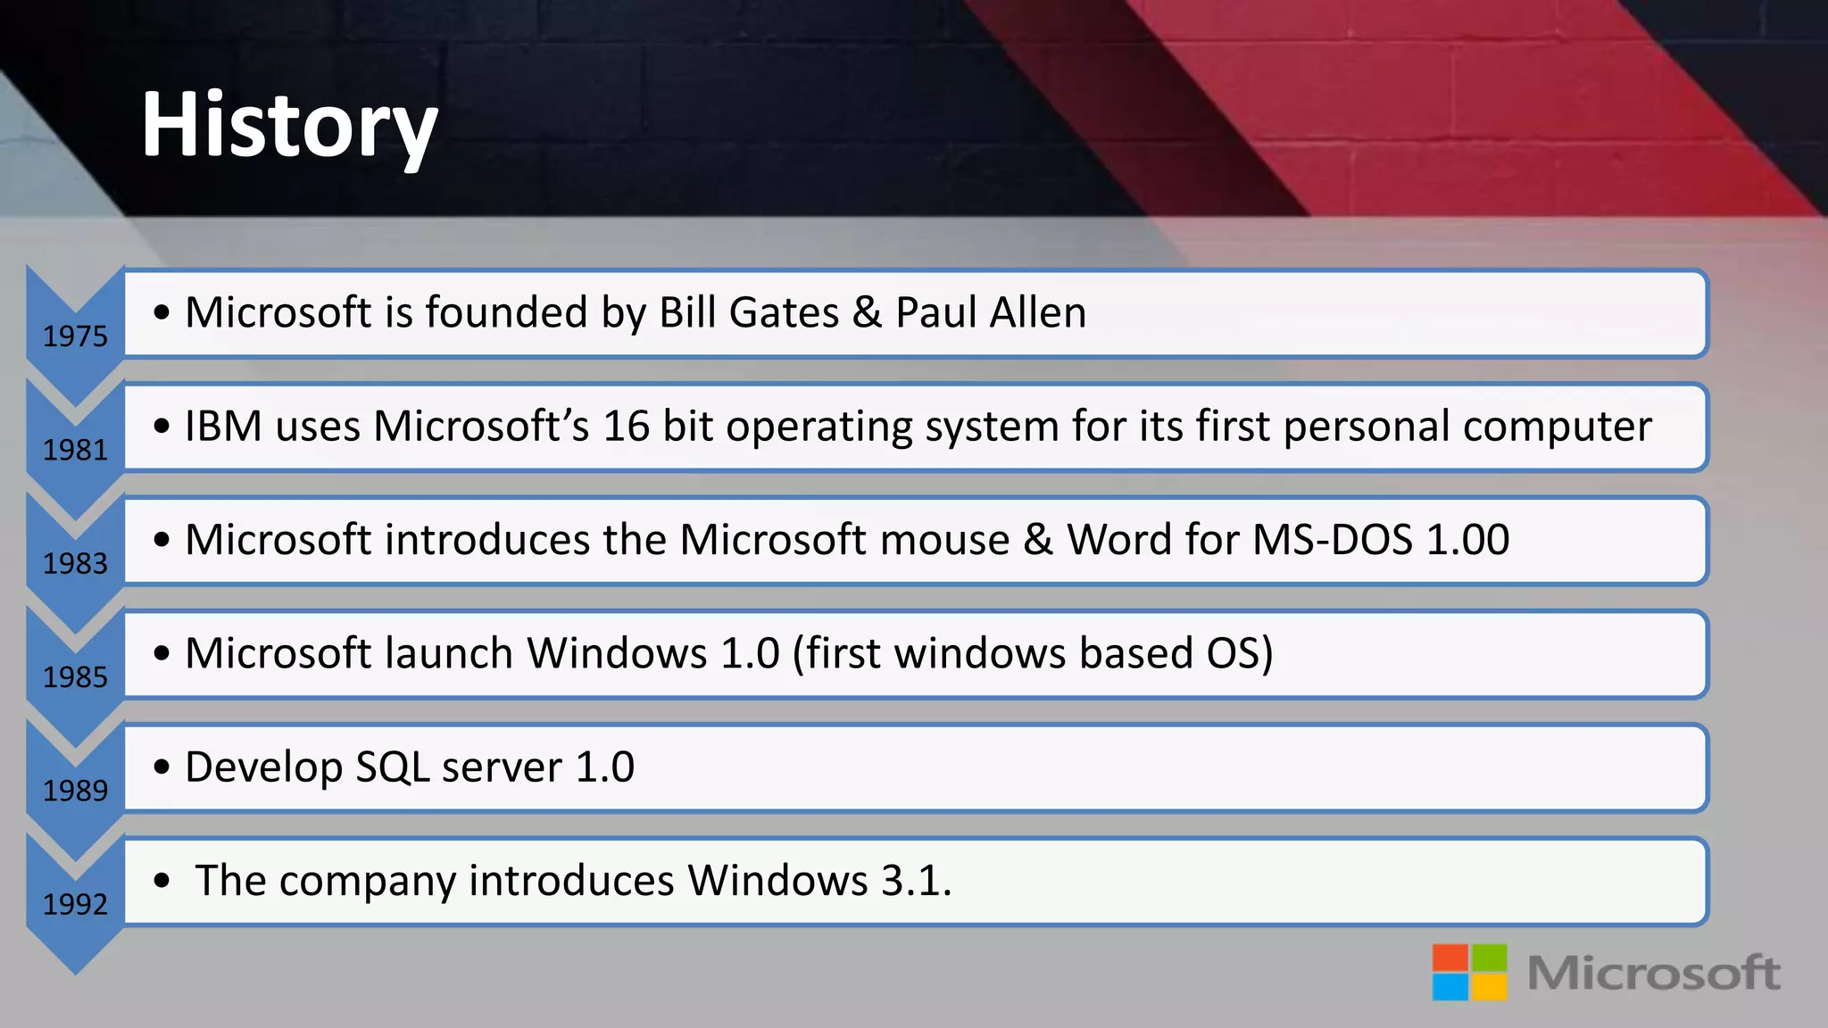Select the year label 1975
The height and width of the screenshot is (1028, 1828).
tap(75, 336)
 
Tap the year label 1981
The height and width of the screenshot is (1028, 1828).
tap(75, 450)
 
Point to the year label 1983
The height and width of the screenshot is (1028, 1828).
tap(75, 563)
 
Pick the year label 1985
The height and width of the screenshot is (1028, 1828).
tap(75, 677)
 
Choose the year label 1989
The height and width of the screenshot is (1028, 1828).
tap(75, 791)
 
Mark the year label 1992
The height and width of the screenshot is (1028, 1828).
tap(75, 904)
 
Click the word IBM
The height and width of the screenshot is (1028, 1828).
tap(223, 426)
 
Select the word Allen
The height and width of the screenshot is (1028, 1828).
tap(1038, 312)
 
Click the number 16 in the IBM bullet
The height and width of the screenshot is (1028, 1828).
tap(626, 426)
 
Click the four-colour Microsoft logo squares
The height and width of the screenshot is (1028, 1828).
tap(1469, 972)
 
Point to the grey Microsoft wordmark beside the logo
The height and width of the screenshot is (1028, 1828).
tap(1654, 973)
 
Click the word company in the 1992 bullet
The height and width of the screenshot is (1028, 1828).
tap(368, 882)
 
